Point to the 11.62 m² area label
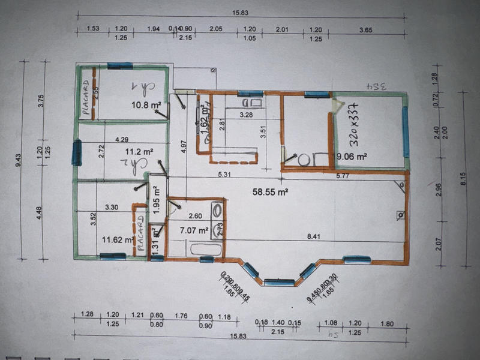tap(116, 240)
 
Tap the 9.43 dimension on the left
tap(23, 158)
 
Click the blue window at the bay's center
tap(279, 281)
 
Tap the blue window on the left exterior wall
tap(76, 152)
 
